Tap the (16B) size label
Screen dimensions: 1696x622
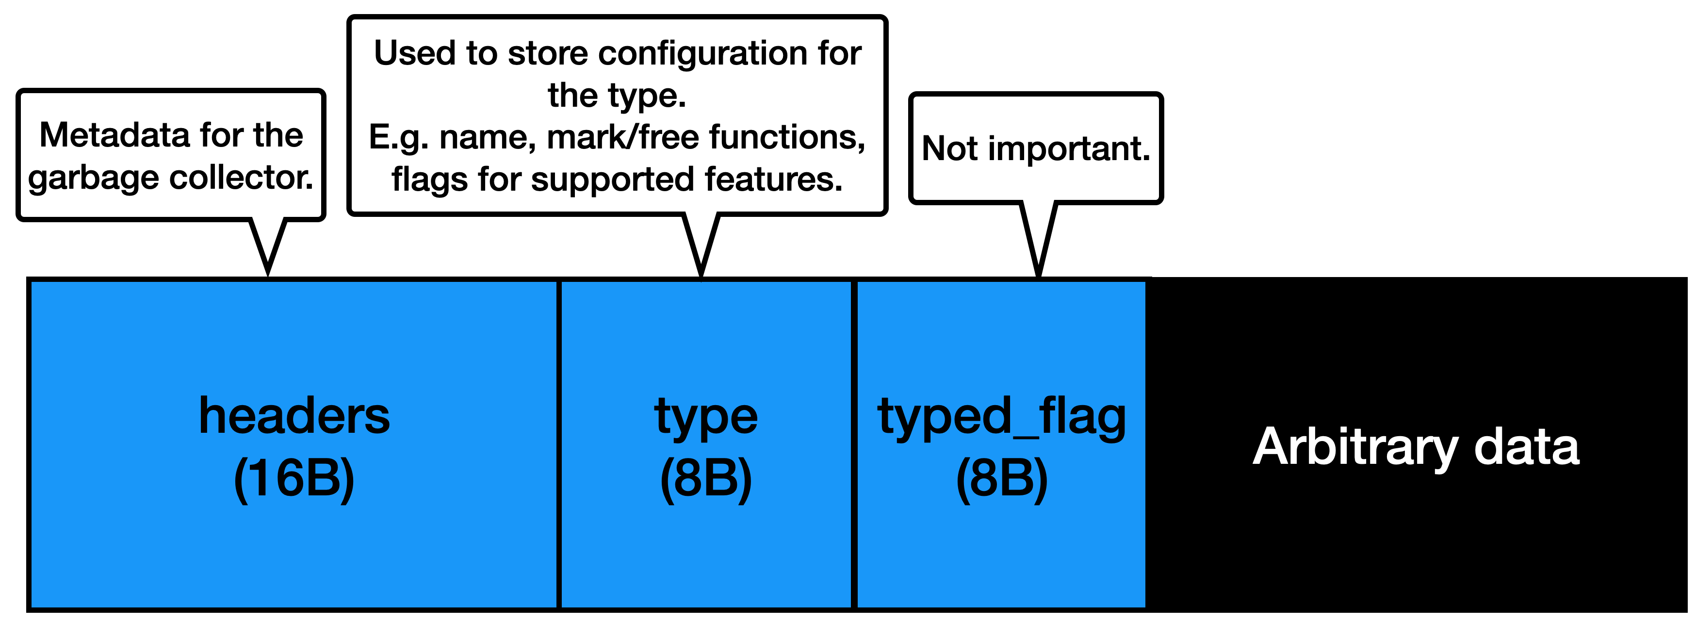click(294, 478)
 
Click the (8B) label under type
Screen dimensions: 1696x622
click(706, 478)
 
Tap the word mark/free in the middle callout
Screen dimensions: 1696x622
click(622, 137)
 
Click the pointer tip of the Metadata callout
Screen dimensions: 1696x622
click(268, 275)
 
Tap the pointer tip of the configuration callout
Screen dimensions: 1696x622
click(701, 276)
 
